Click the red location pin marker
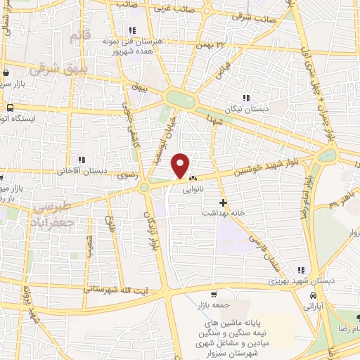181,165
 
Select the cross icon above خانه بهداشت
223,202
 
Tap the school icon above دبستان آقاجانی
82,160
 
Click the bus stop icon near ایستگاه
10,108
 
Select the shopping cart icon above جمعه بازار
214,294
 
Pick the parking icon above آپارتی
309,295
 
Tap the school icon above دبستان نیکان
247,98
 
